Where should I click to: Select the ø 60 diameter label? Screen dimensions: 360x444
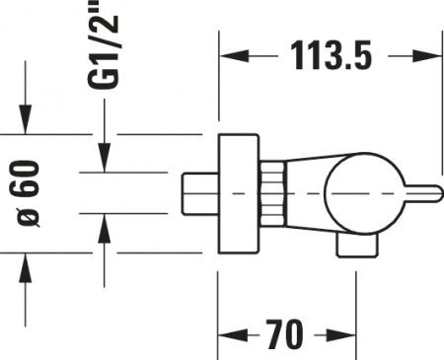[30, 192]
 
